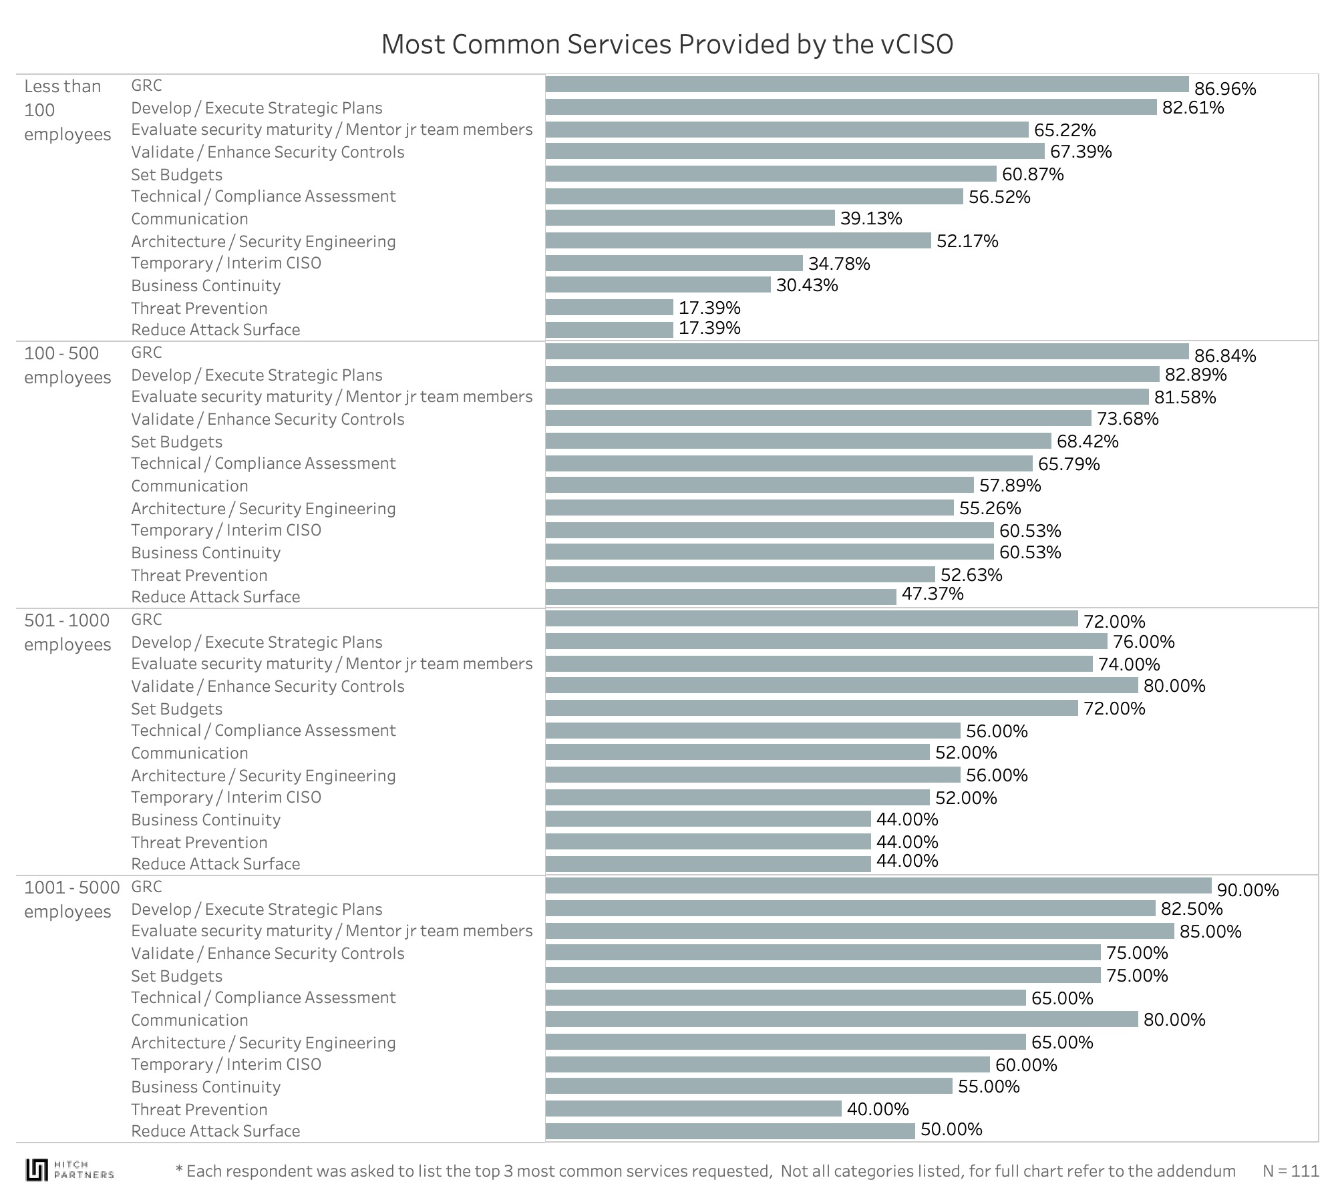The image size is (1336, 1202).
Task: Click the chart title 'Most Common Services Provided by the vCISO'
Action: [x=667, y=45]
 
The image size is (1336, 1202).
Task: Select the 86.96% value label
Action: [x=1224, y=89]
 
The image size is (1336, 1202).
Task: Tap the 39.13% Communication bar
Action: [x=690, y=218]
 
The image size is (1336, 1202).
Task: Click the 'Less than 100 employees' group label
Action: [x=67, y=110]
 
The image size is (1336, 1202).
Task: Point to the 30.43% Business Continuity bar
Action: [x=658, y=285]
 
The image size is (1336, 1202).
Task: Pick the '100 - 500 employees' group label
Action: [x=67, y=365]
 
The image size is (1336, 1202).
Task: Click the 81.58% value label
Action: [x=1185, y=397]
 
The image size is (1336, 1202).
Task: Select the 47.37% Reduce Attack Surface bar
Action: [x=721, y=596]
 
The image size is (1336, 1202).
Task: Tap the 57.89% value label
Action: [x=1010, y=485]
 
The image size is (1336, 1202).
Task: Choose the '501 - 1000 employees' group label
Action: [x=67, y=632]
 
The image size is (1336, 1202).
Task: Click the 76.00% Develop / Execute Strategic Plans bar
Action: [x=826, y=642]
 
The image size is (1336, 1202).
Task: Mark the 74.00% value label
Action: [x=1129, y=664]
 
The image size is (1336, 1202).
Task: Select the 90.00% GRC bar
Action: [x=878, y=886]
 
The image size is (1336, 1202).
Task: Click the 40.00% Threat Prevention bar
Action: [x=693, y=1109]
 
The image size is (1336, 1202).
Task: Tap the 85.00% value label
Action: [x=1210, y=932]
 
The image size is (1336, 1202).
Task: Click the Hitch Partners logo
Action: [x=69, y=1169]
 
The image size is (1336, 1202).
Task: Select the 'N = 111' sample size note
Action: [x=1291, y=1171]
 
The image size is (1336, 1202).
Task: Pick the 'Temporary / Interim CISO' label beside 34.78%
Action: [x=226, y=263]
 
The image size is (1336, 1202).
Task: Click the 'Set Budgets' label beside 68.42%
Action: [x=176, y=442]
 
